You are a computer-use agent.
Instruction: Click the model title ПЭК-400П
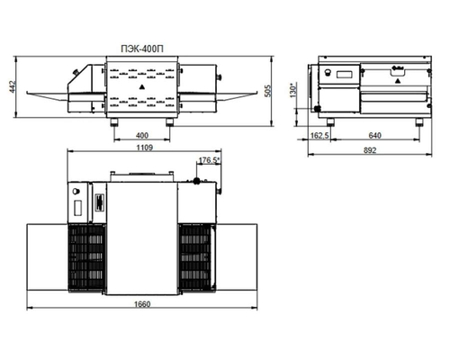click(142, 49)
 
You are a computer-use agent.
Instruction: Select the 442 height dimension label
click(13, 86)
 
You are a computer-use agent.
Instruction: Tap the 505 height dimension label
click(267, 91)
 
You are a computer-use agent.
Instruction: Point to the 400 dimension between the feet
click(142, 136)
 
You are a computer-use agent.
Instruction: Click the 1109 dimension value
click(145, 148)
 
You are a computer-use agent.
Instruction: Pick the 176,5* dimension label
click(209, 160)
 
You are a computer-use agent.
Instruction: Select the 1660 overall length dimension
click(142, 304)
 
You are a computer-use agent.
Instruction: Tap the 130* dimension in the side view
click(293, 89)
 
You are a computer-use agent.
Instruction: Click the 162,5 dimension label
click(319, 136)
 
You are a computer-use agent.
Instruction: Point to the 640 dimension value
click(374, 136)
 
